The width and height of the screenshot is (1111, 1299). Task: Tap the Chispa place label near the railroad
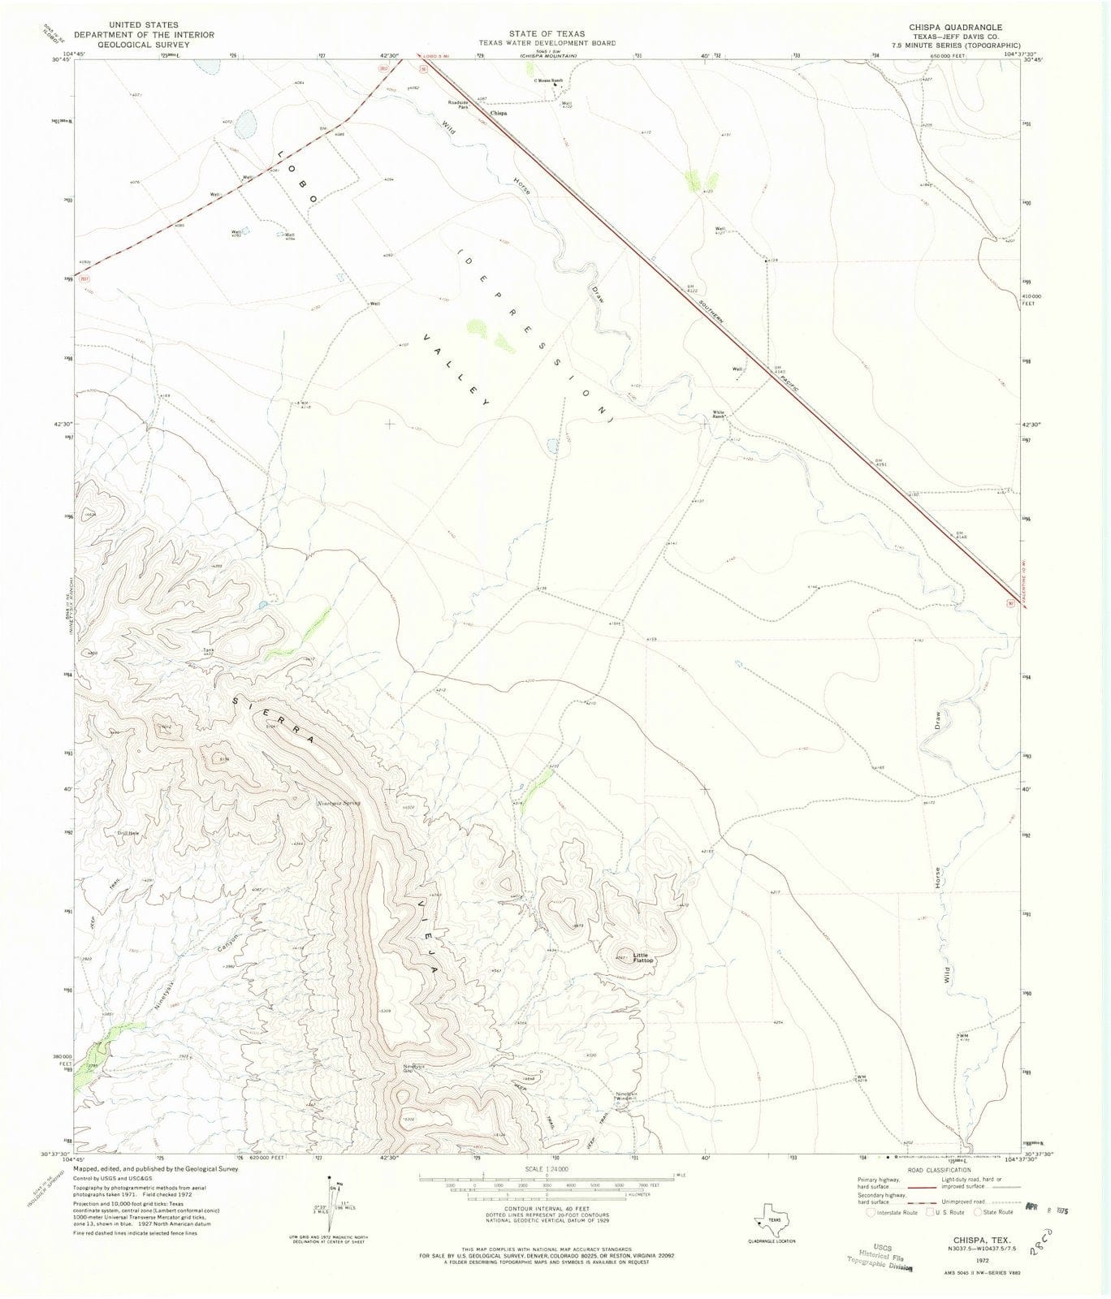point(499,114)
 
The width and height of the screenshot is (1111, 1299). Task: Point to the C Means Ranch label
point(548,80)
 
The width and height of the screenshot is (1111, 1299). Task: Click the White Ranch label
point(719,412)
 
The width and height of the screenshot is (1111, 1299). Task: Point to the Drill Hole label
point(129,833)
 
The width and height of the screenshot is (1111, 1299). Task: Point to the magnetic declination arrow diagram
point(329,1210)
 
